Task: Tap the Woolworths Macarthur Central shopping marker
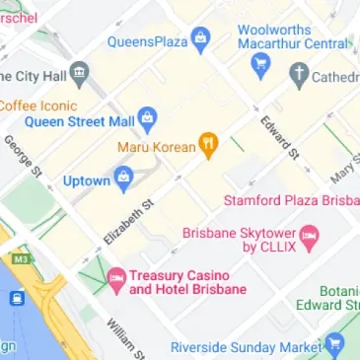(x=261, y=66)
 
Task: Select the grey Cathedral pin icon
(x=299, y=75)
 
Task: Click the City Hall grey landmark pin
(x=80, y=75)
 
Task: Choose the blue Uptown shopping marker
(x=124, y=180)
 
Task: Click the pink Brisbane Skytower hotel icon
(x=310, y=236)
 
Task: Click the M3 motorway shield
(x=18, y=259)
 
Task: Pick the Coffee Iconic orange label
(x=36, y=106)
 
